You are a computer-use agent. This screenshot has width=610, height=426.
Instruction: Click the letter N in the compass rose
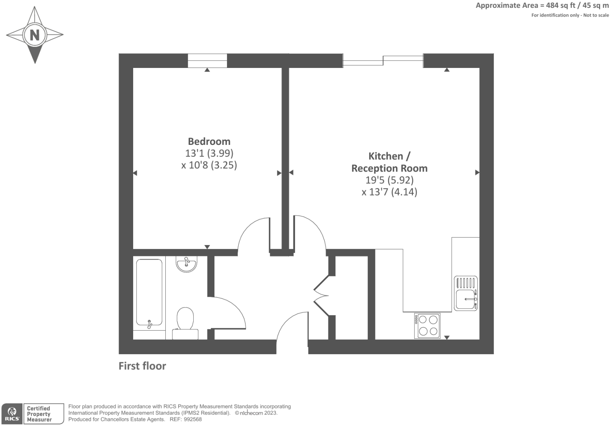(35, 35)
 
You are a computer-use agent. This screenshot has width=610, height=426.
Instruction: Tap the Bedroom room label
(209, 141)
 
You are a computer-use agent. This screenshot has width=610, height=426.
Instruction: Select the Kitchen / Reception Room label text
(389, 162)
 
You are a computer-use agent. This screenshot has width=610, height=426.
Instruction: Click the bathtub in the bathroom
(149, 292)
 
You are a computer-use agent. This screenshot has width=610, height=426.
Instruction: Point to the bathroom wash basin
(187, 264)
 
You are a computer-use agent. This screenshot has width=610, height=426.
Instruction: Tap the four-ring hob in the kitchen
(427, 325)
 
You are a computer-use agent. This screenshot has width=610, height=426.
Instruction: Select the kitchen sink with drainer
(466, 293)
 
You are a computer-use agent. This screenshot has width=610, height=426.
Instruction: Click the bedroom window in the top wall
(207, 60)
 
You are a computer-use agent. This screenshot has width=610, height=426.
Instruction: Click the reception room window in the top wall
(383, 60)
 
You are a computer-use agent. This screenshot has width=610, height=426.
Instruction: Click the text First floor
(142, 366)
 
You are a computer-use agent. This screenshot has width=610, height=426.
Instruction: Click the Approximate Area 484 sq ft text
(542, 5)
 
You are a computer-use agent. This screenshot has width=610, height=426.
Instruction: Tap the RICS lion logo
(12, 413)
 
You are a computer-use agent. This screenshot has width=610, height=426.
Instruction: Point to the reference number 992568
(192, 419)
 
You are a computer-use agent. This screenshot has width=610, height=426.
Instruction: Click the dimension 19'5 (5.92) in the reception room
(389, 180)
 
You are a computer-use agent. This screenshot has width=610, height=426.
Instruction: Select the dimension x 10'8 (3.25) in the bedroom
(209, 165)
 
